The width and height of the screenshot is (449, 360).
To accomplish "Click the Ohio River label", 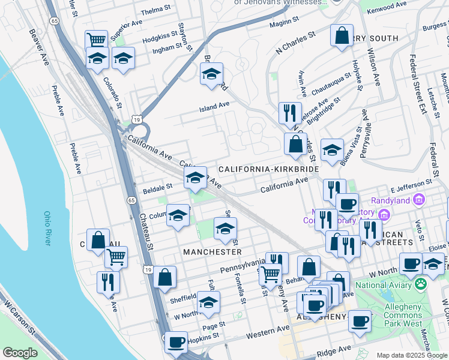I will [47, 227].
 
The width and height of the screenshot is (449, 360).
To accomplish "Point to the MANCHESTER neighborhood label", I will [212, 252].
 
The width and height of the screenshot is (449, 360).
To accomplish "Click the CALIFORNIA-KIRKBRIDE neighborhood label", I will [268, 170].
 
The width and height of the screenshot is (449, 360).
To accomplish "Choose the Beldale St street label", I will [157, 190].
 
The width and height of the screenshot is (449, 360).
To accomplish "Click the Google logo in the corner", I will [20, 352].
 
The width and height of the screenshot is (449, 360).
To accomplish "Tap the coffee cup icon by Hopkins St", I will [176, 342].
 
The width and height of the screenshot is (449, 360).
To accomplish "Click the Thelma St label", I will [155, 12].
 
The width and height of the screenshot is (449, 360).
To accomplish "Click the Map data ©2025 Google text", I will [411, 355].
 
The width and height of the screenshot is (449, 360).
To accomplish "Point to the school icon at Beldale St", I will [194, 178].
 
